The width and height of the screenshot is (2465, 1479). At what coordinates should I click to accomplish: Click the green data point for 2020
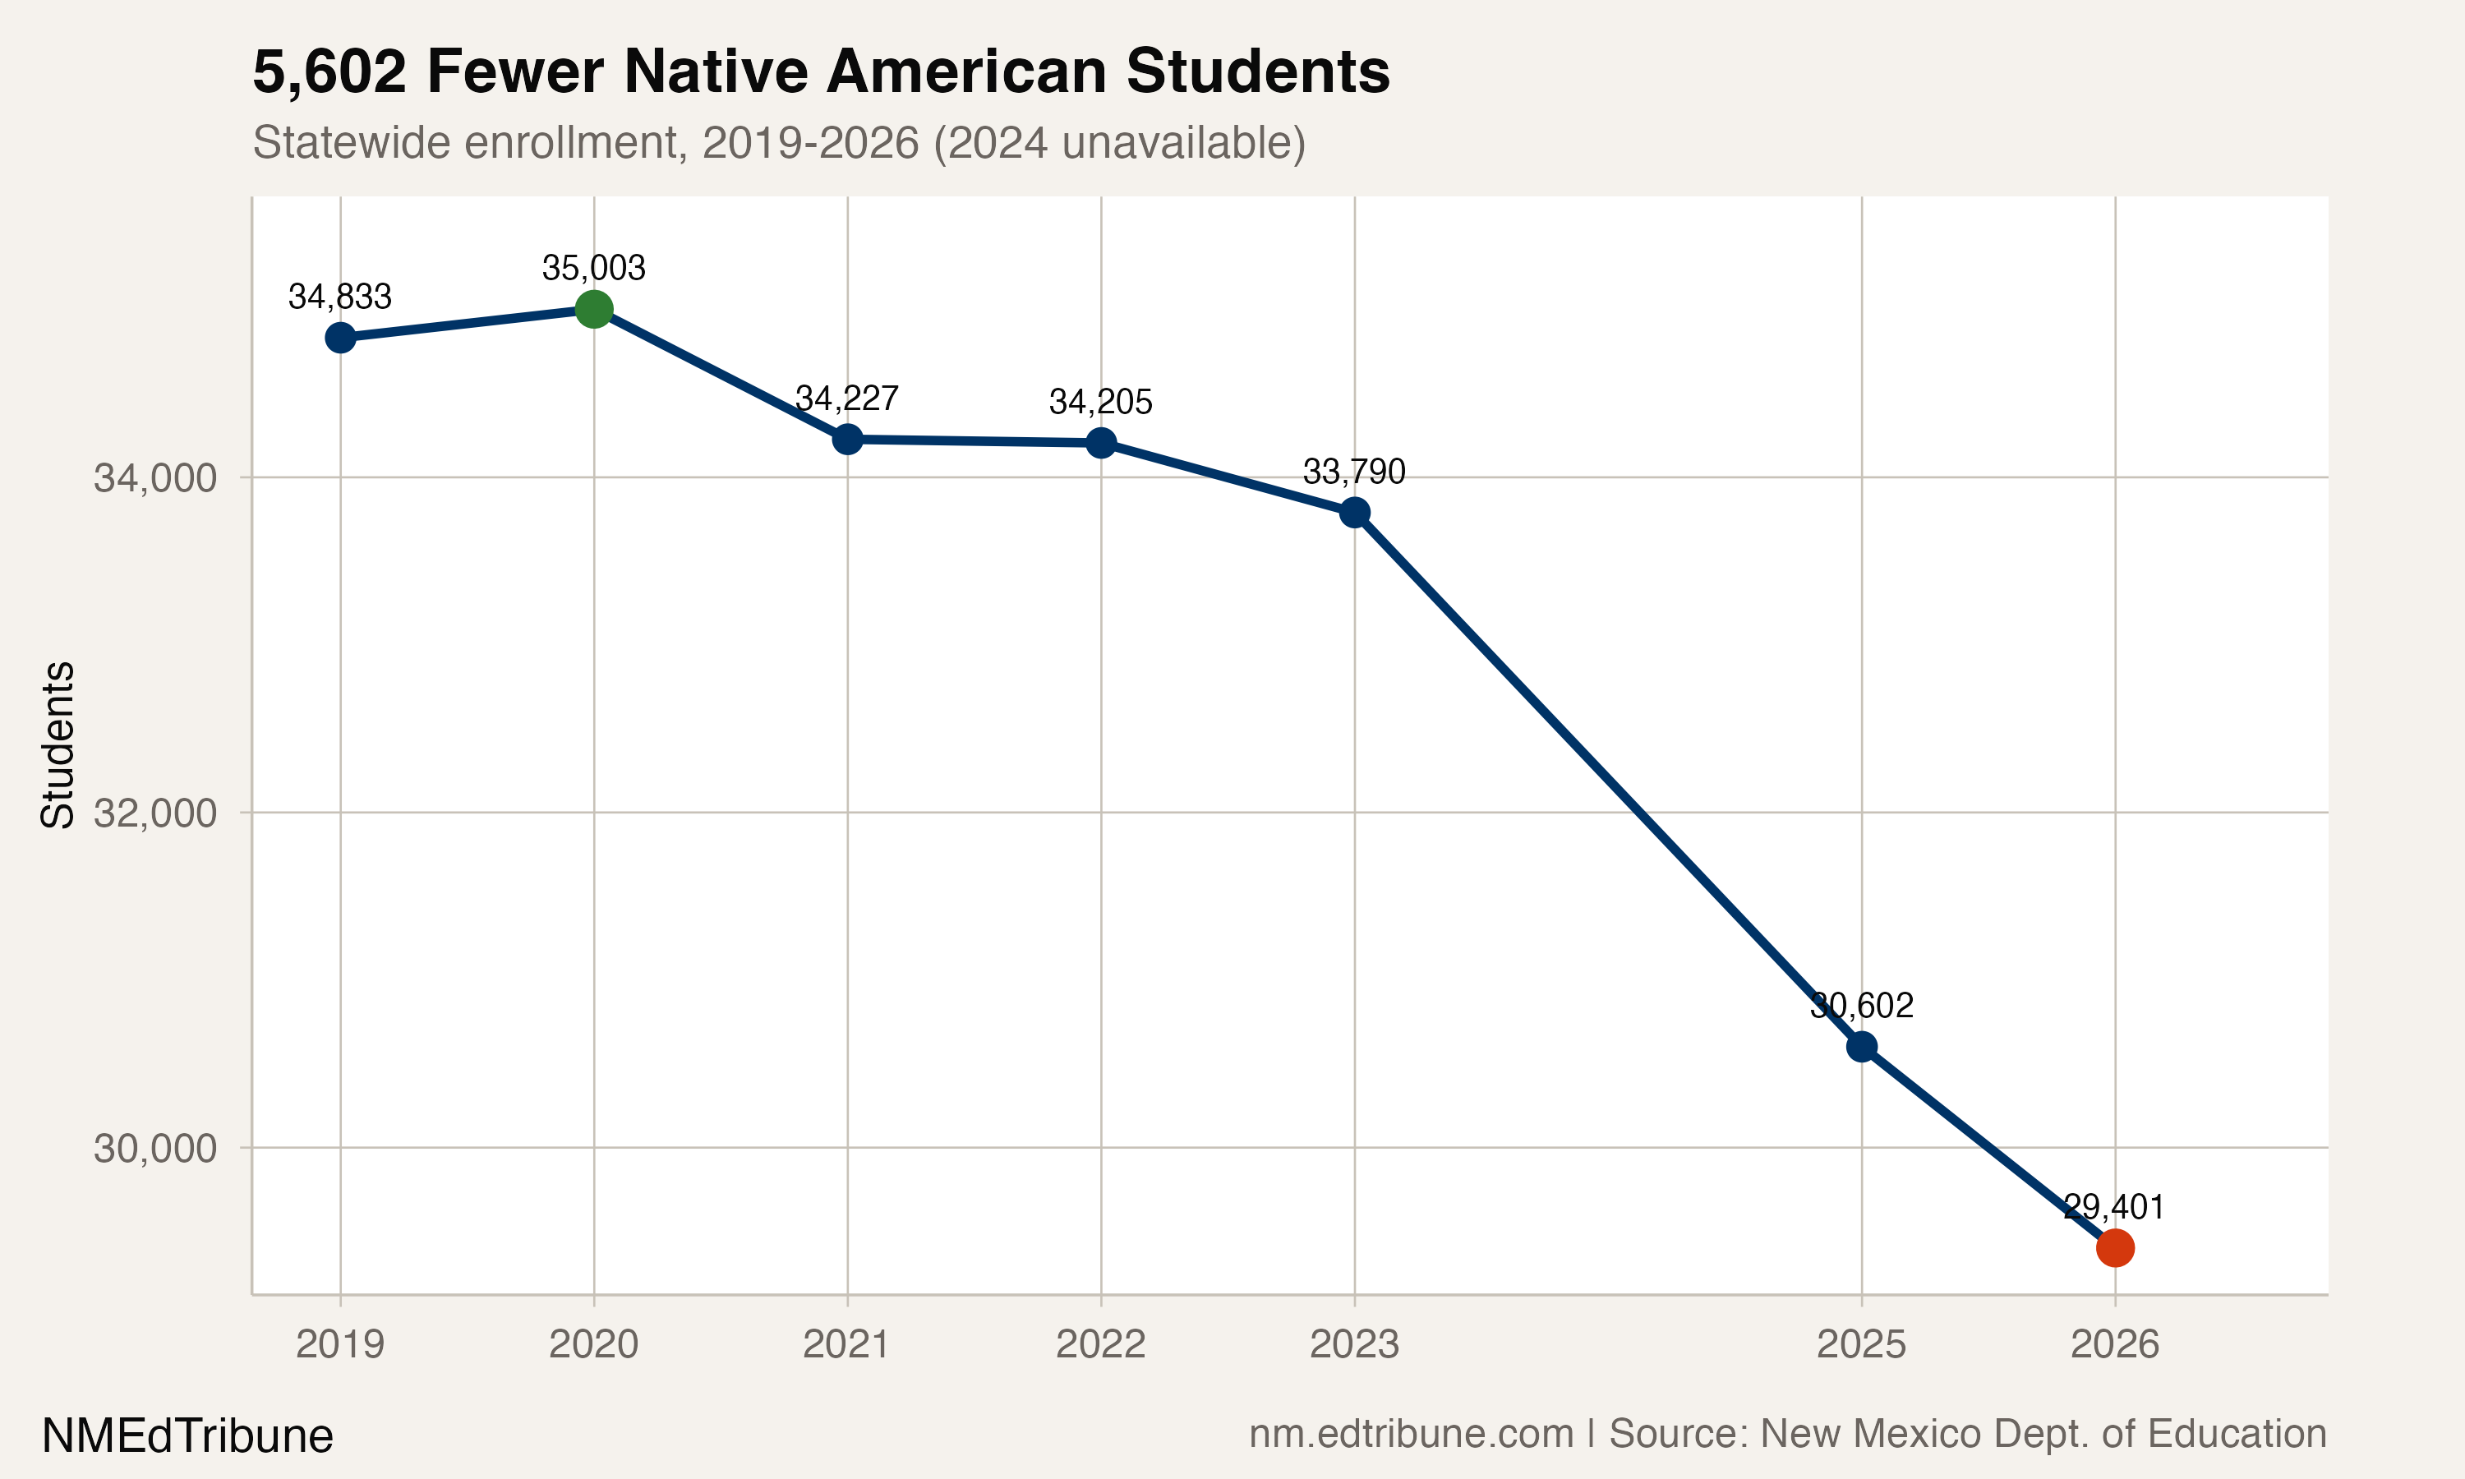click(x=594, y=309)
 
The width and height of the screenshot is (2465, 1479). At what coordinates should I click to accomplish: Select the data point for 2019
click(x=341, y=338)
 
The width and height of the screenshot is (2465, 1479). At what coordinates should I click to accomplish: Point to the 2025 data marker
click(x=1861, y=1048)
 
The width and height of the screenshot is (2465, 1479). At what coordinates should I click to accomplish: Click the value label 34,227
click(x=847, y=399)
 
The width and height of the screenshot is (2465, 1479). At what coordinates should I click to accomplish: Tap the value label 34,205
click(x=1100, y=403)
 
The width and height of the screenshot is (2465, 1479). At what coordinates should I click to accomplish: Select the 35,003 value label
click(x=594, y=268)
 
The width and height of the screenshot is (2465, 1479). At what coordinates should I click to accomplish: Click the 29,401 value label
click(x=2113, y=1208)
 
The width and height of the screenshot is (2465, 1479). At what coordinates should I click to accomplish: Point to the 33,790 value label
click(x=1354, y=472)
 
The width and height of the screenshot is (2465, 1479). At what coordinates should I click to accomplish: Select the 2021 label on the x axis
click(x=847, y=1345)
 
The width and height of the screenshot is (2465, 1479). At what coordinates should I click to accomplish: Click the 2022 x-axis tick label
click(x=1100, y=1345)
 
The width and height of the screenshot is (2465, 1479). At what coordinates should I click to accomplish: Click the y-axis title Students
click(x=58, y=744)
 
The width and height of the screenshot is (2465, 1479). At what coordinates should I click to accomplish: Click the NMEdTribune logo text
click(x=187, y=1436)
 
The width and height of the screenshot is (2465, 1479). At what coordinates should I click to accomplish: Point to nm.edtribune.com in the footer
click(x=1411, y=1434)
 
